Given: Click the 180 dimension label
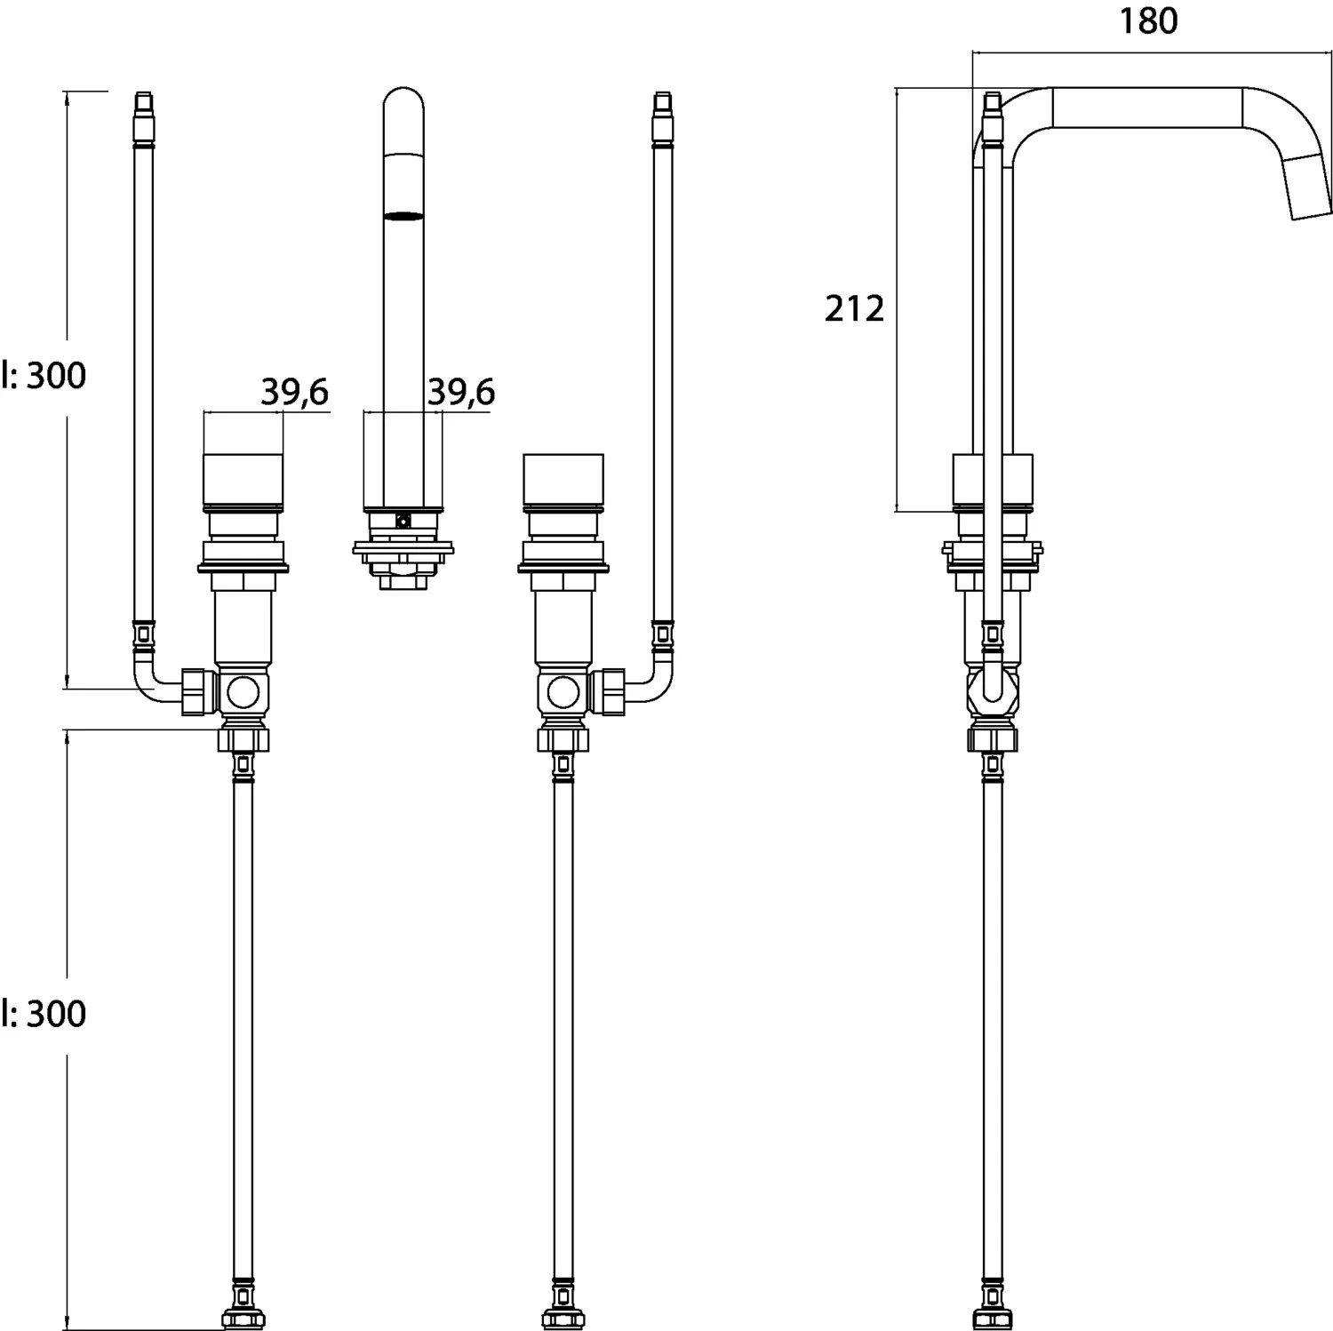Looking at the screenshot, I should pyautogui.click(x=1148, y=21).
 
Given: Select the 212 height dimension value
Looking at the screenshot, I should pyautogui.click(x=854, y=309).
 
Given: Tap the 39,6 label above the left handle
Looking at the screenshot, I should pyautogui.click(x=294, y=392).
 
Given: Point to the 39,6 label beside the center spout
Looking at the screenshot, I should pyautogui.click(x=461, y=392).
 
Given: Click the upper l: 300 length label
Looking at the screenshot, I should pyautogui.click(x=44, y=376).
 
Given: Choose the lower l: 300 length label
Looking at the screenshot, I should pyautogui.click(x=44, y=1014).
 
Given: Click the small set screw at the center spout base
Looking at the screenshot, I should pyautogui.click(x=403, y=522).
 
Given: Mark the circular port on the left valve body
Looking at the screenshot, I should pyautogui.click(x=243, y=691).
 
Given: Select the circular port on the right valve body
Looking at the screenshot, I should pyautogui.click(x=563, y=691).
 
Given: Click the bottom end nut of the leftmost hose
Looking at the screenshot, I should pyautogui.click(x=243, y=1318).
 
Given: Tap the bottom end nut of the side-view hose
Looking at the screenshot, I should pyautogui.click(x=993, y=1318).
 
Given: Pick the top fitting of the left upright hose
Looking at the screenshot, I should pyautogui.click(x=143, y=116).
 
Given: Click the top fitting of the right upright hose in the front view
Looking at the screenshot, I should pyautogui.click(x=663, y=116).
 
